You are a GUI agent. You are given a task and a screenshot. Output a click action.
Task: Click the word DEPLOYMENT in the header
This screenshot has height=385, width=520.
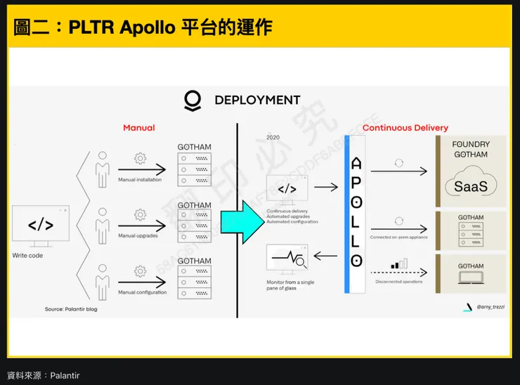click(257, 100)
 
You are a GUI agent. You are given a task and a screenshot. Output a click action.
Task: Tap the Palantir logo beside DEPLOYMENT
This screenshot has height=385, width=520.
click(192, 100)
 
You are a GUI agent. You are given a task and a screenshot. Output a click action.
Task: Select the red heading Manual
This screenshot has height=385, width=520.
click(138, 128)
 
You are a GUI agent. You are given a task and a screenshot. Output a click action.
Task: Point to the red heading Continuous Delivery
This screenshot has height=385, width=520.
click(405, 128)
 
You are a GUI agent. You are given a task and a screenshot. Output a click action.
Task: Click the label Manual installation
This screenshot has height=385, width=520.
click(140, 180)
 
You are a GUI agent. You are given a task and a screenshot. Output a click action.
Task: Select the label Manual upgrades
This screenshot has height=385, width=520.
click(138, 235)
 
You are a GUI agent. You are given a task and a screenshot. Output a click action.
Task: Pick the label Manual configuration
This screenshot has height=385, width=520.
click(143, 292)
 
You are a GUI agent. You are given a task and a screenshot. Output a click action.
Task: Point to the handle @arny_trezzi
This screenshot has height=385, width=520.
click(490, 307)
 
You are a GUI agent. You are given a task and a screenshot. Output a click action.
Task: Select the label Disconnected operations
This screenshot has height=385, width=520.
click(399, 282)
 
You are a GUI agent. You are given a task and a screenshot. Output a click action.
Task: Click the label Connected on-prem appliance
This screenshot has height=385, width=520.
click(399, 237)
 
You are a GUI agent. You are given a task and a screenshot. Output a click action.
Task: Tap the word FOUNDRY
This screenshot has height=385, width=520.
click(471, 144)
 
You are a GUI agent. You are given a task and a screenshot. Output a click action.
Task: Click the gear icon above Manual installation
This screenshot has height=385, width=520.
click(140, 158)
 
